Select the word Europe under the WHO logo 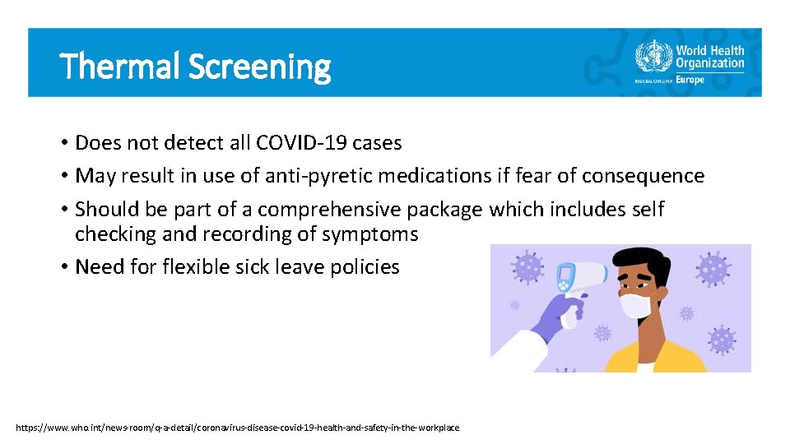pos(690,80)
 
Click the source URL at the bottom pos(238,428)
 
